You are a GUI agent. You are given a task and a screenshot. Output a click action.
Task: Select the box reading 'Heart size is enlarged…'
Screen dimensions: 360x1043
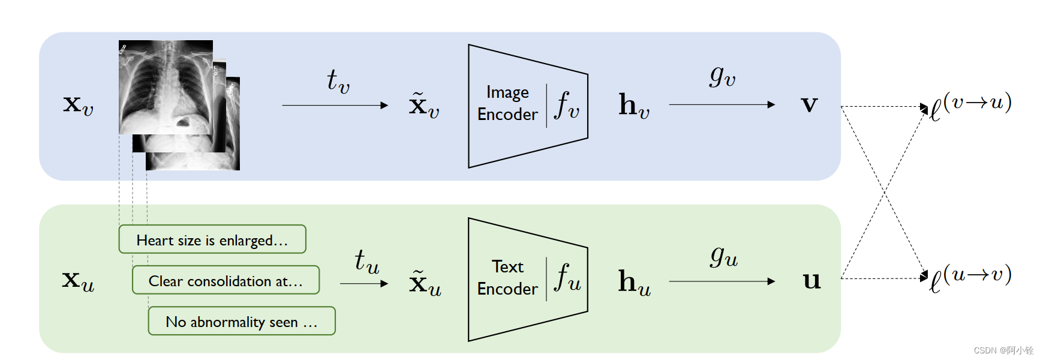[x=212, y=239]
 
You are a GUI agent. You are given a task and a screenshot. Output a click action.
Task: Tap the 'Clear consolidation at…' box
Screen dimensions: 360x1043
[x=226, y=280]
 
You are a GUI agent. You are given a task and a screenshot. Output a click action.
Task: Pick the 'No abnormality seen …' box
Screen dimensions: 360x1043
[x=242, y=321]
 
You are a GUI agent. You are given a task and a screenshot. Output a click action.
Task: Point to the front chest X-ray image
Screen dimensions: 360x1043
[x=166, y=87]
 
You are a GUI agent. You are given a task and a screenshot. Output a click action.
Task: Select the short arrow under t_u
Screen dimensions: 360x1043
[x=363, y=283]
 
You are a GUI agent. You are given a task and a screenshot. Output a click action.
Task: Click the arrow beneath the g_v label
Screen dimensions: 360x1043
[x=722, y=105]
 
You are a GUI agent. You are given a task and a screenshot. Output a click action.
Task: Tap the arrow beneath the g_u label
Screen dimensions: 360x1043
[x=722, y=281]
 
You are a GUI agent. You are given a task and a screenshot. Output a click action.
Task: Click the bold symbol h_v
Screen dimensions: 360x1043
[x=634, y=106]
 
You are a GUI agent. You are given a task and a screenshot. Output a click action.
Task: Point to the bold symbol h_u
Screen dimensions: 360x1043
[x=634, y=282]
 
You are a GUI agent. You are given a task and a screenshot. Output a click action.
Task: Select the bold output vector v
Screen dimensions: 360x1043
[x=809, y=105]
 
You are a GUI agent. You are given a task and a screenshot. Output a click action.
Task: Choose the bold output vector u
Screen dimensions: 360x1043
[x=811, y=281]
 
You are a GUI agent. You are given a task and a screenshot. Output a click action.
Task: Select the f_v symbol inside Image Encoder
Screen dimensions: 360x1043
[x=567, y=106]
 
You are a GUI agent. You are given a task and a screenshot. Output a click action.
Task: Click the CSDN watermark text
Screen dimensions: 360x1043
[x=1003, y=350]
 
